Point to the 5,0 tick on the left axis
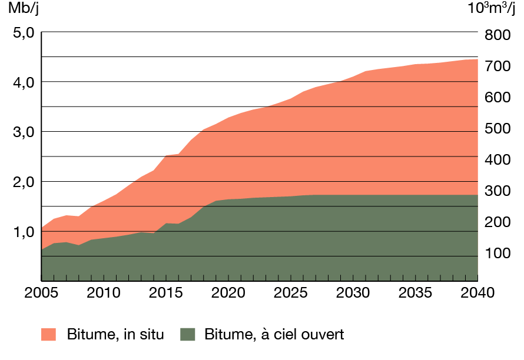(24, 32)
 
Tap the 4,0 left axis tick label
(24, 82)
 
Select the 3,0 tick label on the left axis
(24, 132)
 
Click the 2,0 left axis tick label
(24, 182)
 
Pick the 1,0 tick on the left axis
(24, 232)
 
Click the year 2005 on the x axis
(41, 292)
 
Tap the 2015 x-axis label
(166, 292)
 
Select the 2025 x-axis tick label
(291, 292)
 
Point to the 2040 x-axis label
(477, 292)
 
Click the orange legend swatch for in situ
(48, 335)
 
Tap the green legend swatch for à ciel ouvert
(187, 335)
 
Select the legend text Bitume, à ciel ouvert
(274, 335)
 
